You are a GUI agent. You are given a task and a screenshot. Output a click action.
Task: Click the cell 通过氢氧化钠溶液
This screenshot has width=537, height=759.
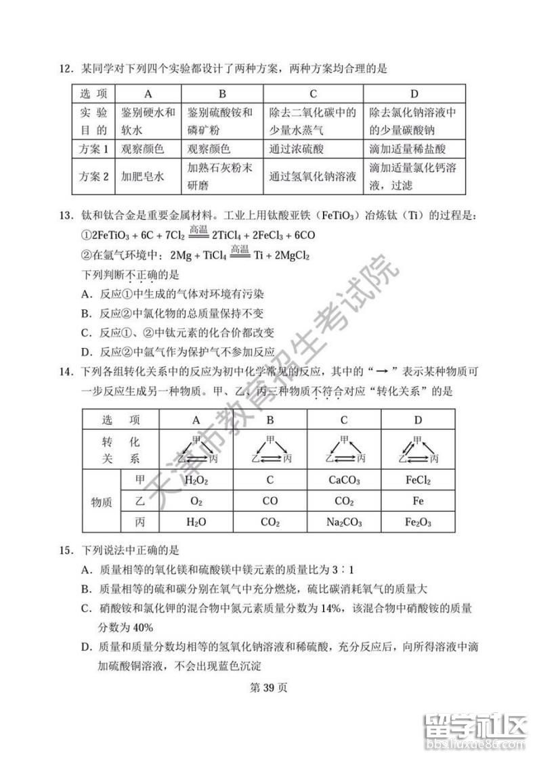[312, 177]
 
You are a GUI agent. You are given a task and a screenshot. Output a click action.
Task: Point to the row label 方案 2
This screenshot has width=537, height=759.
[94, 177]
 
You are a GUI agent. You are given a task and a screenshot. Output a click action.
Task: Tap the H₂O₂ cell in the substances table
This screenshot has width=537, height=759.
[196, 481]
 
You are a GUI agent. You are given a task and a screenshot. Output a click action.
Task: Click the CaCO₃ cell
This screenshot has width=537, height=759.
[344, 481]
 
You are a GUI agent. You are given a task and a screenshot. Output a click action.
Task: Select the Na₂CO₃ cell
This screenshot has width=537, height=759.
[344, 522]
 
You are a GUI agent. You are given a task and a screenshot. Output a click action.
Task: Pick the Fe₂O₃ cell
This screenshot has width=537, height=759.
[418, 522]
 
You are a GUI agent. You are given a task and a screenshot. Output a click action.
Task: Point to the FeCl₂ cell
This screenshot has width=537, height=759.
[418, 481]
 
